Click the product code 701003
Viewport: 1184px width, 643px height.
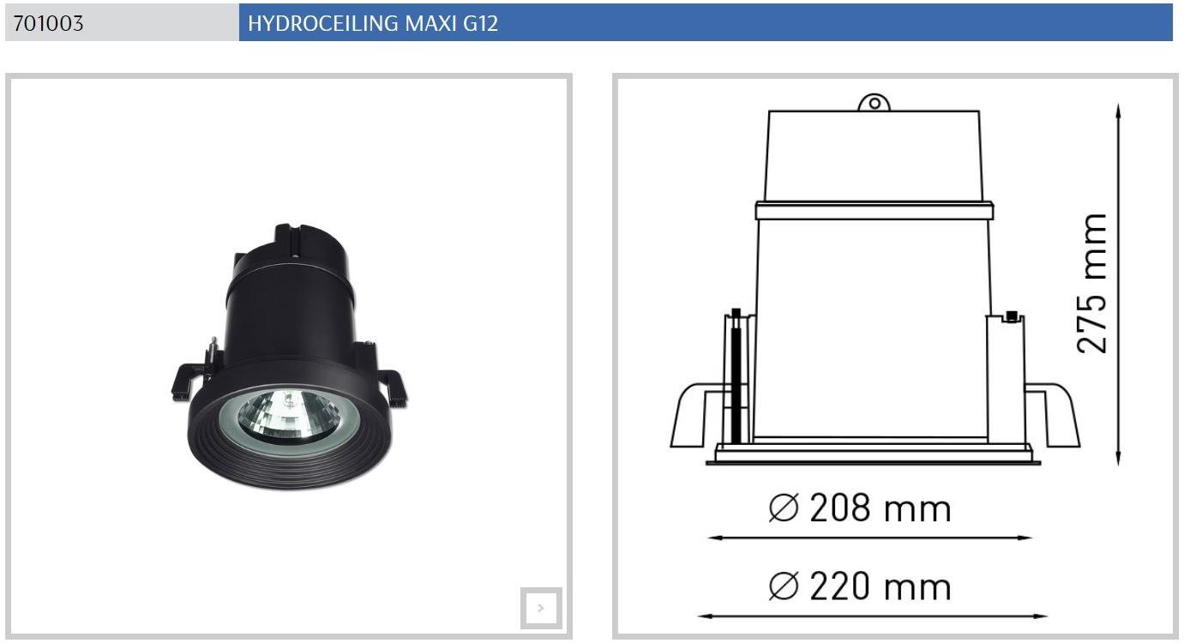48,23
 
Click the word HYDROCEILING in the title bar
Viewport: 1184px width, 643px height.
323,23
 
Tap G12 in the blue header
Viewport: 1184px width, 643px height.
480,23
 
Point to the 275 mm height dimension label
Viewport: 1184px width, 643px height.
1092,283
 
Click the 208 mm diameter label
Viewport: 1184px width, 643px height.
880,508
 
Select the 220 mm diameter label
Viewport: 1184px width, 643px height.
880,586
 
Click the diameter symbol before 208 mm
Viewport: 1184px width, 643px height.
784,508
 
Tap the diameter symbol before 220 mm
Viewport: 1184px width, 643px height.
784,586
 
